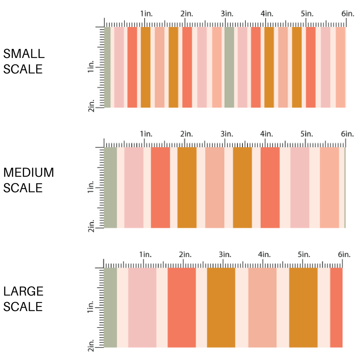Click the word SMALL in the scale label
coord(24,54)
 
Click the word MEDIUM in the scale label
coord(29,172)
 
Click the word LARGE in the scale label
coord(23,291)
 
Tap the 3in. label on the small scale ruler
coord(227,14)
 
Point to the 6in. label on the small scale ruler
coord(348,14)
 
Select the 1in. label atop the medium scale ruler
coord(146,134)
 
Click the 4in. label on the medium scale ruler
coord(267,134)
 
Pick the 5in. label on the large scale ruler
coord(304,254)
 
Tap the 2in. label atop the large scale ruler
coord(185,254)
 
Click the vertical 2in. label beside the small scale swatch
coord(91,106)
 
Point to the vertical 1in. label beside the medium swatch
coord(91,187)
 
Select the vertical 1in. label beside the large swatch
coord(91,307)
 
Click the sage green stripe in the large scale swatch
coord(110,307)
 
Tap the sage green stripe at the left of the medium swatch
coord(110,188)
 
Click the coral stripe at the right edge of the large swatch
coord(336,307)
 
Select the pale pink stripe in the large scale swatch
coord(142,307)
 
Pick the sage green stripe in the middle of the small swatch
coord(229,67)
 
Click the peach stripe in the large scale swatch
coord(262,307)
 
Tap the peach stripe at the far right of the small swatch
coord(341,67)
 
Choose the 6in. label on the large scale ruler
coord(344,254)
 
